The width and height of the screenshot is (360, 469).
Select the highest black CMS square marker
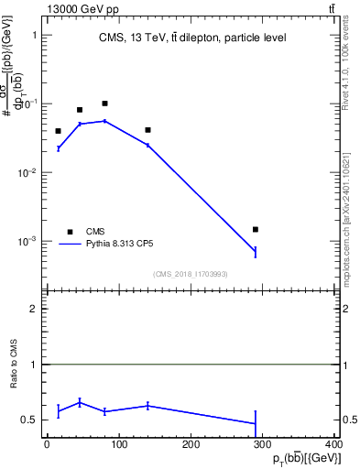coord(105,104)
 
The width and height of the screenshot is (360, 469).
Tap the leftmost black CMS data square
coord(58,131)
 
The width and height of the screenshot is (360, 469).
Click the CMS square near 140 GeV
coord(147,130)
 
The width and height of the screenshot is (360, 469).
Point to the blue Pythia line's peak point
coord(105,121)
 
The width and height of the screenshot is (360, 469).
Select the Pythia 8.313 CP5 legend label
coord(119,245)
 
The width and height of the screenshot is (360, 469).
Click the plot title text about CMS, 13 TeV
coord(192,38)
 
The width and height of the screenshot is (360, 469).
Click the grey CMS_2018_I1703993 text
coord(191,273)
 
